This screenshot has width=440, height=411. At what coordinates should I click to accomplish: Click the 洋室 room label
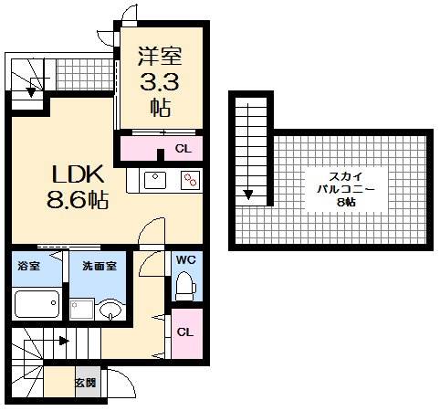(160, 58)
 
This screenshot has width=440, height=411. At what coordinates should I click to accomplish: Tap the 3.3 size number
(160, 83)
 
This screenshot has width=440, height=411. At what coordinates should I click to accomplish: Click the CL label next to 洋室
(183, 148)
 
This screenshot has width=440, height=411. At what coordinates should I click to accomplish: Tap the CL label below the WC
(184, 332)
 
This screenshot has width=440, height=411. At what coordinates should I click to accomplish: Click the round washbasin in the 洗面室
(110, 309)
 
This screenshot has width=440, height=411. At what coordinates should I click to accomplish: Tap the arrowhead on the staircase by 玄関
(64, 342)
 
